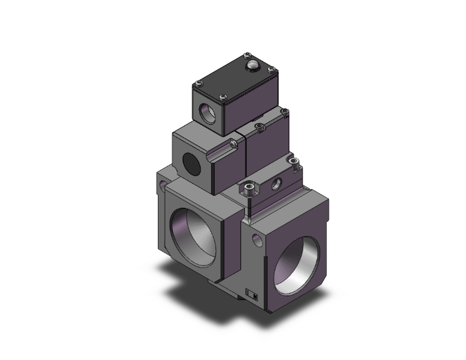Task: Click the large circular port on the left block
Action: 194,234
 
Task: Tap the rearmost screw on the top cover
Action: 246,56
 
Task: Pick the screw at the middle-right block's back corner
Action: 285,112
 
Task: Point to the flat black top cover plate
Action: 235,75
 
